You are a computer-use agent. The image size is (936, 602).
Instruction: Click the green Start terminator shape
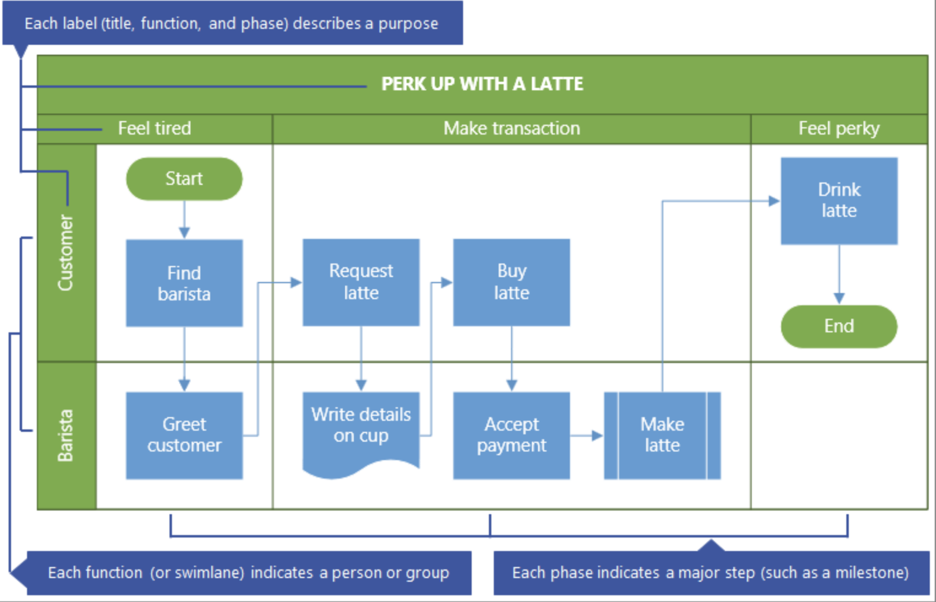click(x=184, y=179)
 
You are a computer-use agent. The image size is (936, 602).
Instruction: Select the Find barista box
click(x=184, y=283)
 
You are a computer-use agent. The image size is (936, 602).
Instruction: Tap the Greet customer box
click(x=184, y=435)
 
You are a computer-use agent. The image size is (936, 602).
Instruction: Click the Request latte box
click(x=361, y=282)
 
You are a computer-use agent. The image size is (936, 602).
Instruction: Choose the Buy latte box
click(x=511, y=282)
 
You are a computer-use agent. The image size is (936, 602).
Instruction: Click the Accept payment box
click(x=511, y=435)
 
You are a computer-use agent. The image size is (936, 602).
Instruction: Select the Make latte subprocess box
click(x=662, y=435)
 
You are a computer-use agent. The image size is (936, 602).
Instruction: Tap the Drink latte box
click(x=838, y=201)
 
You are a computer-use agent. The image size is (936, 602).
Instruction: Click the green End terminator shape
click(x=838, y=326)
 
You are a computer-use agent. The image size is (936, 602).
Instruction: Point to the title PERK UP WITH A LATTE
click(x=482, y=84)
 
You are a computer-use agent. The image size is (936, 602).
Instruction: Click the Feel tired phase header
click(x=154, y=128)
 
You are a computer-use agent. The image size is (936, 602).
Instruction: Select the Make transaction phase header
click(x=511, y=128)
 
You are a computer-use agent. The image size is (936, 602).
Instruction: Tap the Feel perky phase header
click(x=838, y=128)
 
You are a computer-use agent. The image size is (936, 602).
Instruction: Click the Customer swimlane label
click(x=66, y=252)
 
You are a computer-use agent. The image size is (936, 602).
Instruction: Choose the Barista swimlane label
click(x=66, y=435)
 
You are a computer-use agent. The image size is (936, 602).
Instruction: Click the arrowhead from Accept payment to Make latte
click(x=598, y=436)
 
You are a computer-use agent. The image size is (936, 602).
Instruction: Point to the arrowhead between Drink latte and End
click(x=838, y=299)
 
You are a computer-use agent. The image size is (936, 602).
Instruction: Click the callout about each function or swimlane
click(x=248, y=573)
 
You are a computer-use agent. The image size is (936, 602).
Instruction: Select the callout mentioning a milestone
click(x=711, y=573)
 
